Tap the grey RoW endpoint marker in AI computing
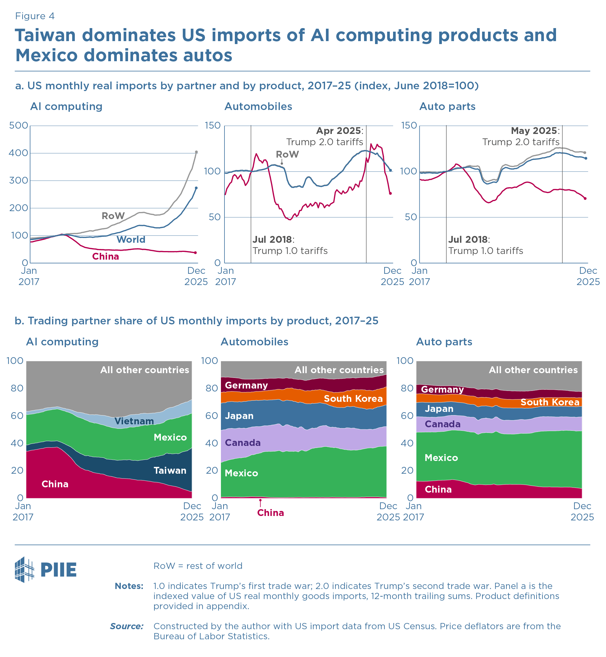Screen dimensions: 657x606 point(196,152)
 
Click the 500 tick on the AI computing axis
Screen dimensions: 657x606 point(18,126)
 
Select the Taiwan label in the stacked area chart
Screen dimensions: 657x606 point(170,471)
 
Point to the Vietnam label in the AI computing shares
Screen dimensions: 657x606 point(134,421)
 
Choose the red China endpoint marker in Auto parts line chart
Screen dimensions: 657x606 point(585,199)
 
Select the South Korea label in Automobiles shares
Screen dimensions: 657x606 point(353,399)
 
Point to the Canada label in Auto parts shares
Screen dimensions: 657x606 point(442,425)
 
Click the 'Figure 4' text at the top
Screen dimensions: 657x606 point(35,16)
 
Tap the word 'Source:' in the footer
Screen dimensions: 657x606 point(127,627)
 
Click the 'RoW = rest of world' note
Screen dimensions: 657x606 point(198,566)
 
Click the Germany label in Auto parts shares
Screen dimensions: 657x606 point(442,390)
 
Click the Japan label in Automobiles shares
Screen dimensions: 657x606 point(239,416)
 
